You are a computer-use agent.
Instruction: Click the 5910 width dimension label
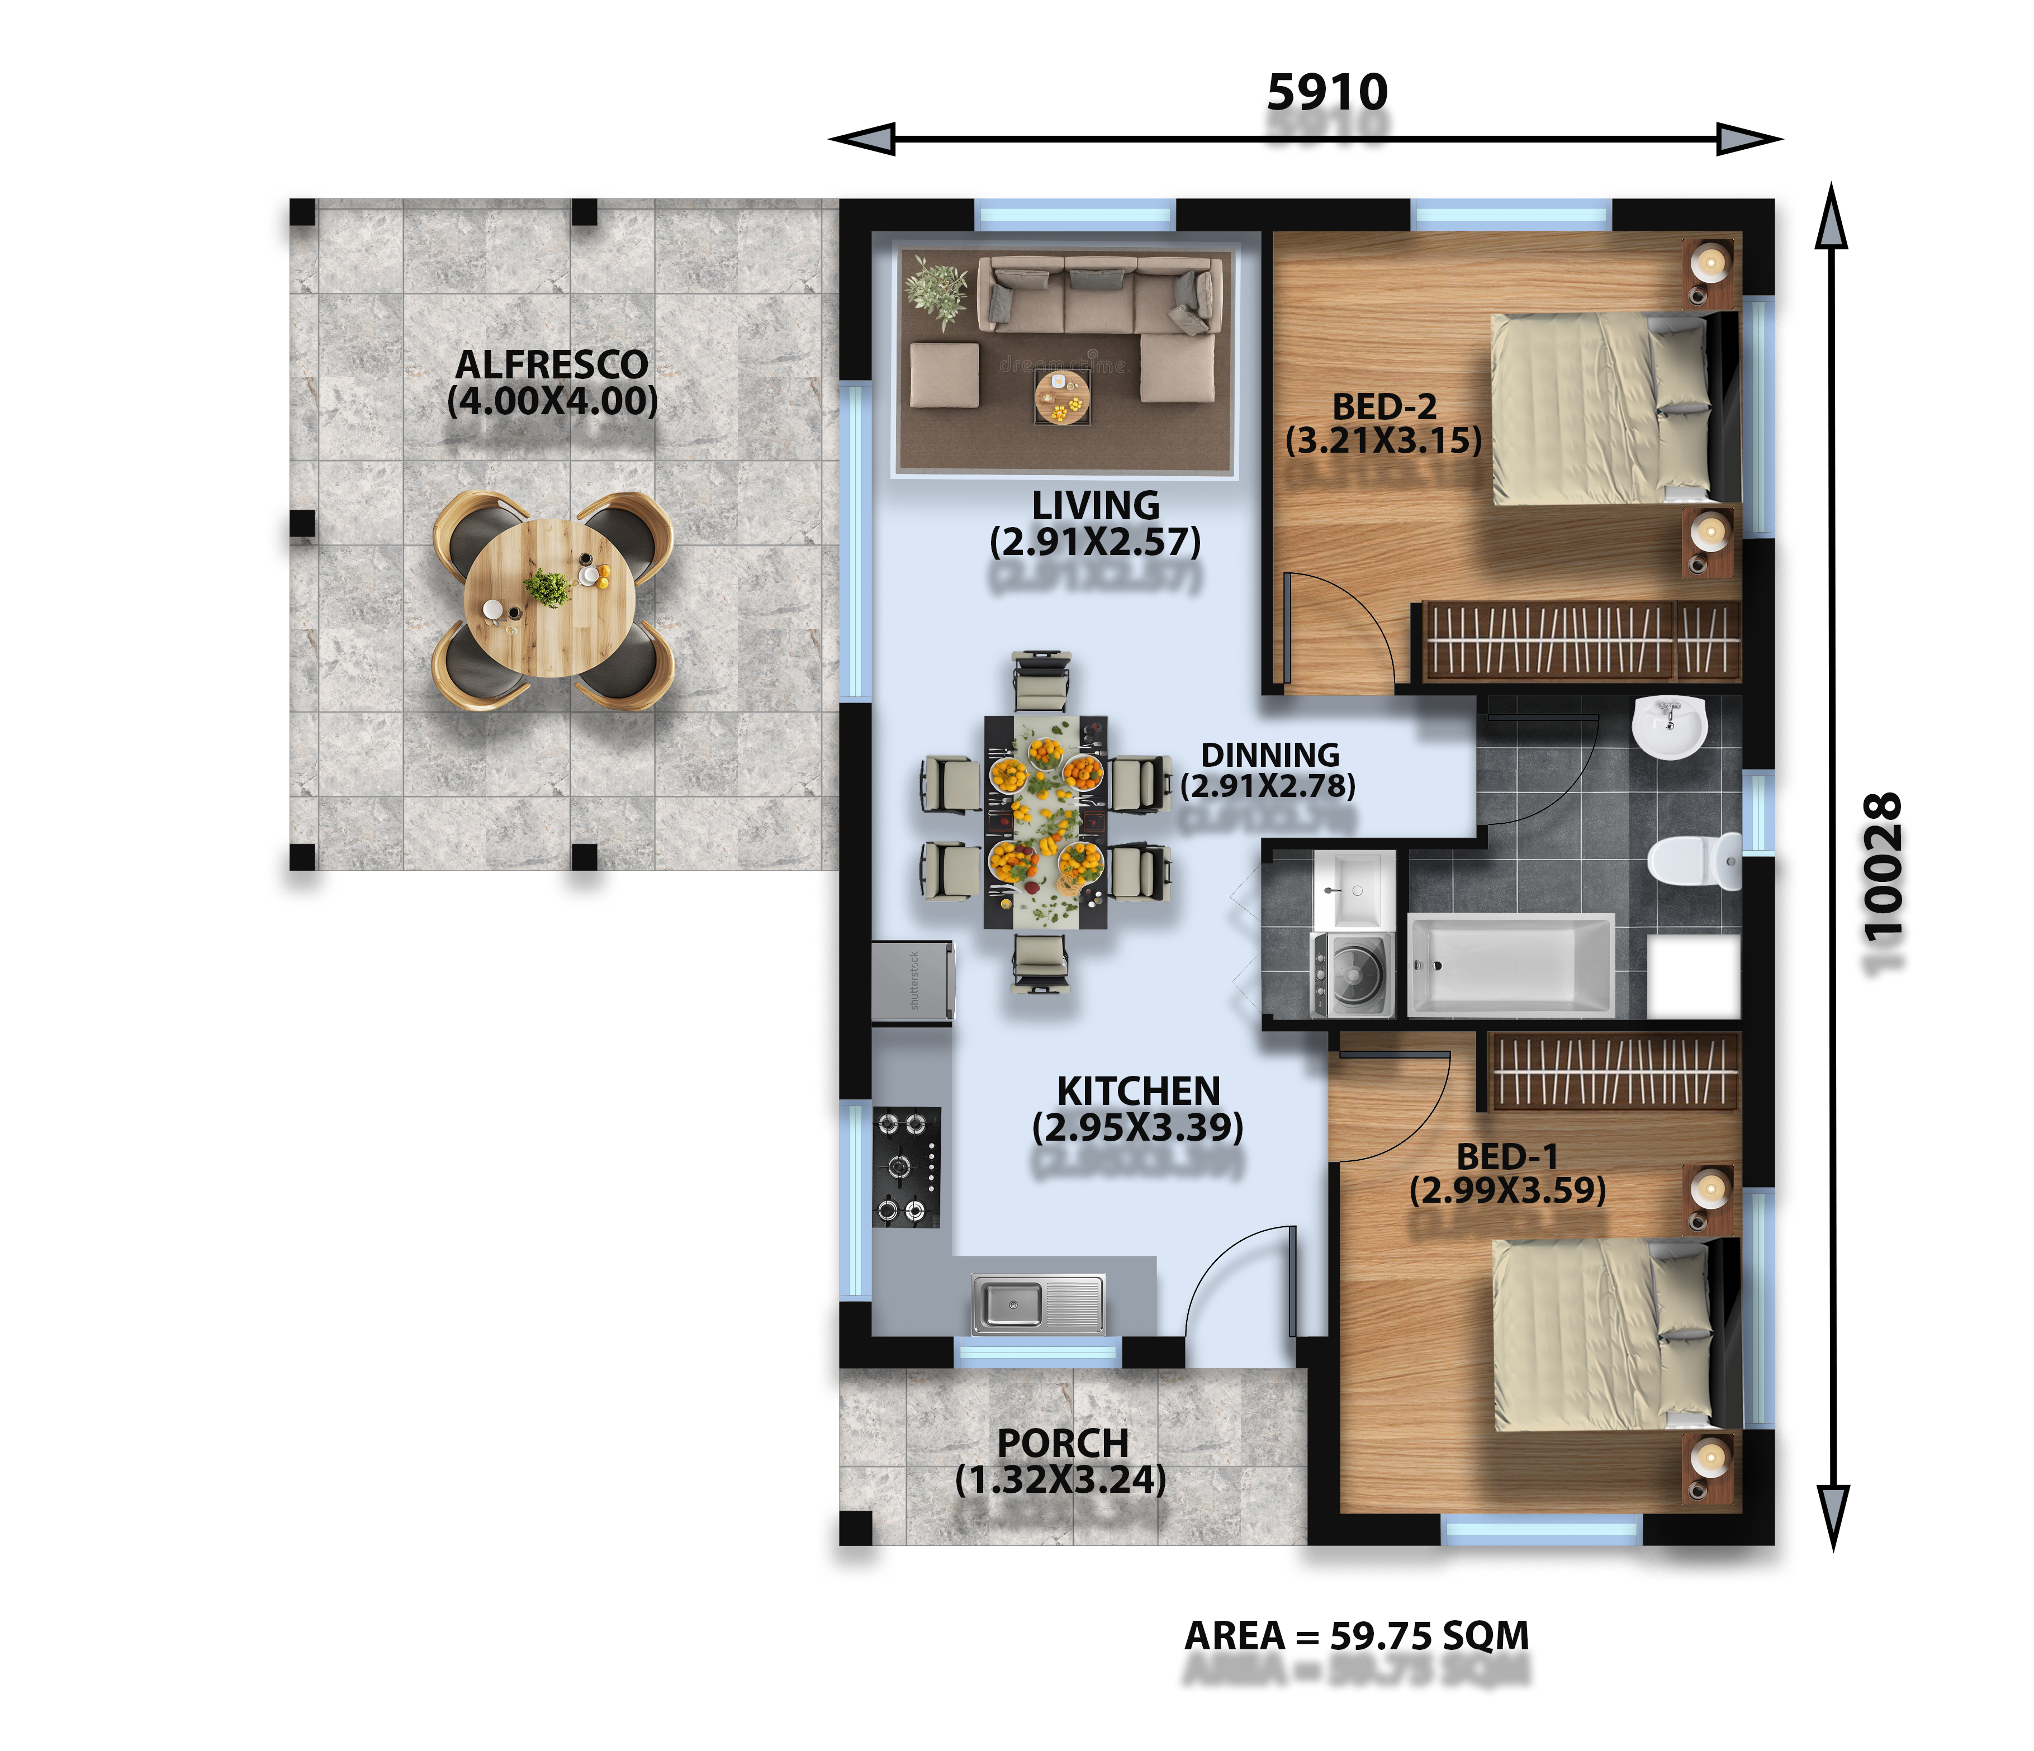coord(1327,92)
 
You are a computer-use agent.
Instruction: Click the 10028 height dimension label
coord(1882,867)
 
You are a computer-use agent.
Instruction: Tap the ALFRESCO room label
coord(552,364)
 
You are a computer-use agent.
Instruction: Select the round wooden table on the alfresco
coord(550,598)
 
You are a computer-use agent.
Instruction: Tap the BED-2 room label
coord(1384,406)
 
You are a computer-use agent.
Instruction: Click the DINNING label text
coord(1270,755)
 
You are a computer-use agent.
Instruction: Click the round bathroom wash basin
coord(1669,727)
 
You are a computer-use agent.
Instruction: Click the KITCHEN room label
coord(1139,1090)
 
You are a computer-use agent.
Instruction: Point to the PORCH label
coord(1062,1443)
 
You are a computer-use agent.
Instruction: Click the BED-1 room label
coord(1507,1156)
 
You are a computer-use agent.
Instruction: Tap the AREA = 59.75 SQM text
coord(1357,1635)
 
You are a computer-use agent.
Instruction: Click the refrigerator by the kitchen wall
coord(913,981)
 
